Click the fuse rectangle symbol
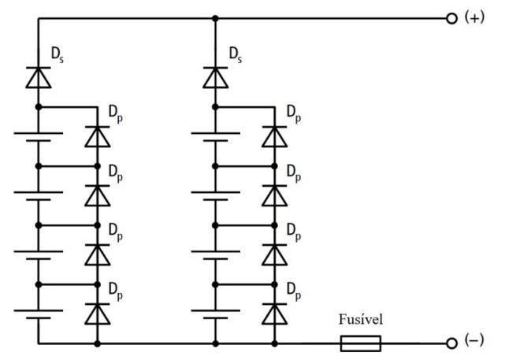361,343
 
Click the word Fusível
361,319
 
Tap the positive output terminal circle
452,19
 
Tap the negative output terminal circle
452,343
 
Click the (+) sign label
474,17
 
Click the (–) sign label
474,340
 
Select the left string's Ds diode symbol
39,77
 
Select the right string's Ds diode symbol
215,77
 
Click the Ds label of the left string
58,54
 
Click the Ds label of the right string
235,54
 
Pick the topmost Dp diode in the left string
97,136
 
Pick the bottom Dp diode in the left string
97,314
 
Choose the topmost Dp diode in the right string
274,136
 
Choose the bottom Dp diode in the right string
274,314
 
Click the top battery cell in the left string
39,136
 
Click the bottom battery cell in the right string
215,314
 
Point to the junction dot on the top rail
215,19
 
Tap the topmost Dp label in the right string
294,114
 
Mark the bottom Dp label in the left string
116,291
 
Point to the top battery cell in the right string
215,136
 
